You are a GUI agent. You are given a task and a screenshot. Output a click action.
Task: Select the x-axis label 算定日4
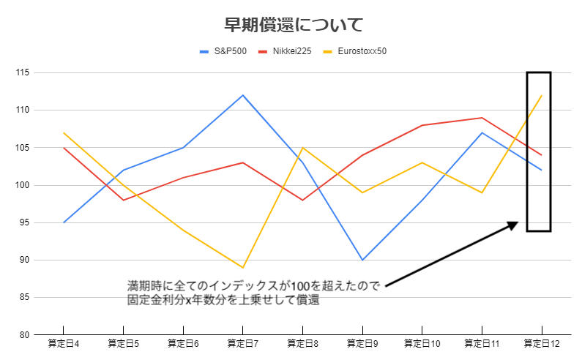point(63,343)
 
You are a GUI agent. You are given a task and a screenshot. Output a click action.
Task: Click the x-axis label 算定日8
point(302,343)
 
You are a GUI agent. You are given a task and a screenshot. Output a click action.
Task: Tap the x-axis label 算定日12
point(541,343)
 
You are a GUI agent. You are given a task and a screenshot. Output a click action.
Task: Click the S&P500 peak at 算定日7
point(242,95)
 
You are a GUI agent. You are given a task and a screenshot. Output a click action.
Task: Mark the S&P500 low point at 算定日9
point(362,260)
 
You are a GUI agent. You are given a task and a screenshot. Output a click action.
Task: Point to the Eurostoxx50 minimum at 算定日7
point(242,267)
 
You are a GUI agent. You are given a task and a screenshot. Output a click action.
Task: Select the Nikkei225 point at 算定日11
point(482,118)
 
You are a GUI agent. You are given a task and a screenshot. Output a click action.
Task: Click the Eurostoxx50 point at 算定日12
point(541,95)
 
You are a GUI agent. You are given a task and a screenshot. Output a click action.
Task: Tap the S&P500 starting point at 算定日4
point(64,222)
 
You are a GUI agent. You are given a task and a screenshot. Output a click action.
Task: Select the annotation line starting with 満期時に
point(253,286)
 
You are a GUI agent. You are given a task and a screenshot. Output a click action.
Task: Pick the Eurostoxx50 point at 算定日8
point(302,148)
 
